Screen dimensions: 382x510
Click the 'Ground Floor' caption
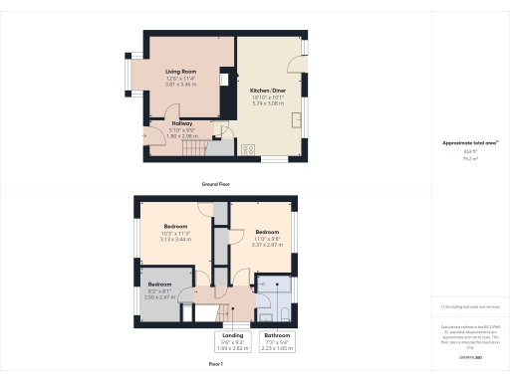[216, 185]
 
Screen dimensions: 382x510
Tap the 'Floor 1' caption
[216, 365]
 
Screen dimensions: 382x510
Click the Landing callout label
[232, 336]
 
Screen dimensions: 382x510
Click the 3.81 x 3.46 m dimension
[179, 85]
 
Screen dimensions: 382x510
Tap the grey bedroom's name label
[159, 284]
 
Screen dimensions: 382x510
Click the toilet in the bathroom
[285, 313]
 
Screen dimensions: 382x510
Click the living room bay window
[127, 75]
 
